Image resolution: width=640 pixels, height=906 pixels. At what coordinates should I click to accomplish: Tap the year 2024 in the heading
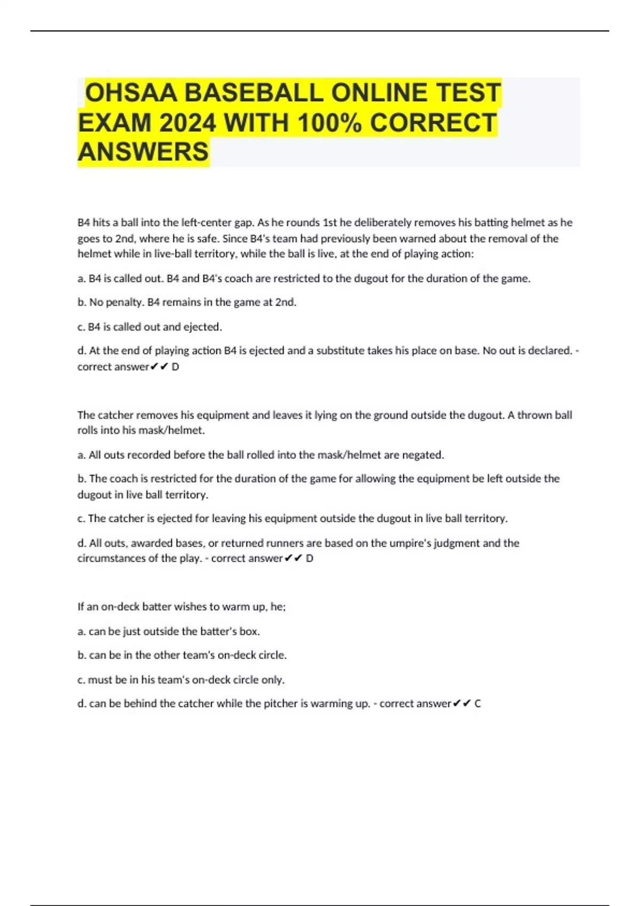187,123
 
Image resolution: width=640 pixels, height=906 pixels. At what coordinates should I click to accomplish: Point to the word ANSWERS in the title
143,152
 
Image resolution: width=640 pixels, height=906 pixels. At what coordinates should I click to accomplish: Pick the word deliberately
383,222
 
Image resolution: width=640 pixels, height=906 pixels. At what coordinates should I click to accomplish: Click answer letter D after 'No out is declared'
175,367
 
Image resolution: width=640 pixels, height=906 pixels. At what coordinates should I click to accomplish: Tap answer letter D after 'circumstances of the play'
309,559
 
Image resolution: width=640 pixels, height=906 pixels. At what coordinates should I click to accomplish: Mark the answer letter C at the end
477,703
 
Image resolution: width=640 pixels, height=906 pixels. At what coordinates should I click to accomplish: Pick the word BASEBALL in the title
253,93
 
